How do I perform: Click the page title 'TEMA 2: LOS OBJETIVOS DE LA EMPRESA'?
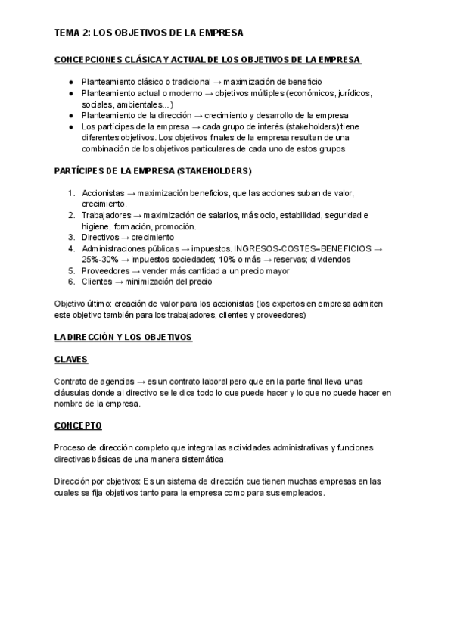coord(148,33)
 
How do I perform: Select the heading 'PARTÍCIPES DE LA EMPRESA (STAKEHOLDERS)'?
coord(153,171)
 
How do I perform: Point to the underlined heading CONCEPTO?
coord(78,426)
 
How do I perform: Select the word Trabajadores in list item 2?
coord(108,215)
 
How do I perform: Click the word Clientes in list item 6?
coord(98,282)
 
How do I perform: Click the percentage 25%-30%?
coord(100,259)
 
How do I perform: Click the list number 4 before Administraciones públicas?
coord(71,248)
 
